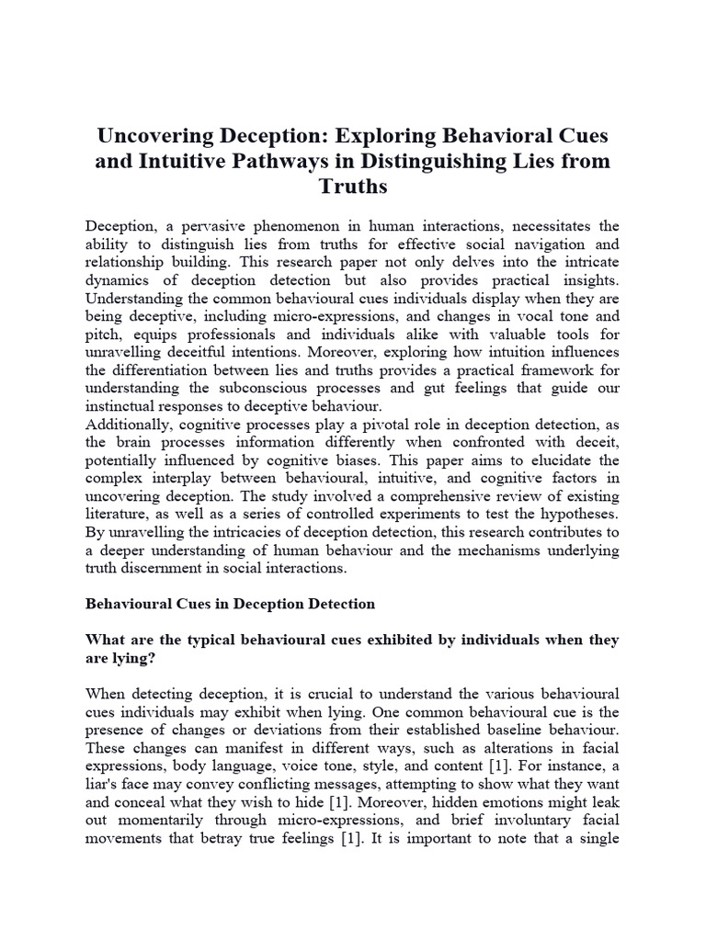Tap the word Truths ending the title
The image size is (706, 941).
[x=353, y=187]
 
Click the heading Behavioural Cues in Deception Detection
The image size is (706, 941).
[x=230, y=604]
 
